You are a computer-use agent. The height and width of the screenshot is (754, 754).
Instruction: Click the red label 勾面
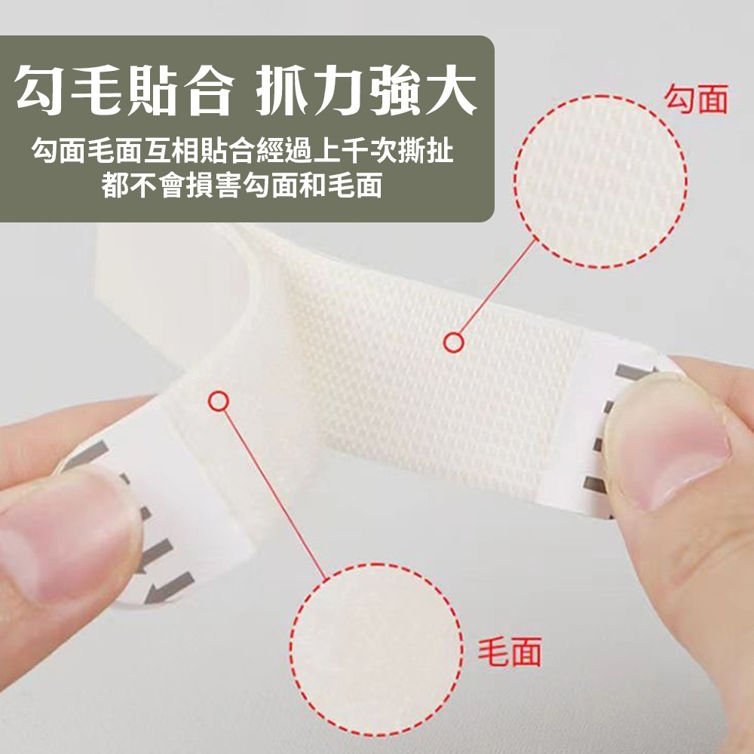click(695, 99)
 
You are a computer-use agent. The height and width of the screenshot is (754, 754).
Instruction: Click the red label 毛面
click(510, 651)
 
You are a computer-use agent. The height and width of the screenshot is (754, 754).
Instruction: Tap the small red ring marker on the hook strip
click(452, 343)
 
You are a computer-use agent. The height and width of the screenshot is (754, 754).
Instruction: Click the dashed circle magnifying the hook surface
click(600, 181)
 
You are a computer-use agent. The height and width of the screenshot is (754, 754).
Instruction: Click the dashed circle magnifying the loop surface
click(375, 649)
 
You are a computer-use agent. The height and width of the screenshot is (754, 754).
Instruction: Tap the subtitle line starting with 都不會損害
click(242, 185)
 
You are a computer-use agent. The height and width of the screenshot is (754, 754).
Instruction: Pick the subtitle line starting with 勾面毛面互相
click(242, 154)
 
